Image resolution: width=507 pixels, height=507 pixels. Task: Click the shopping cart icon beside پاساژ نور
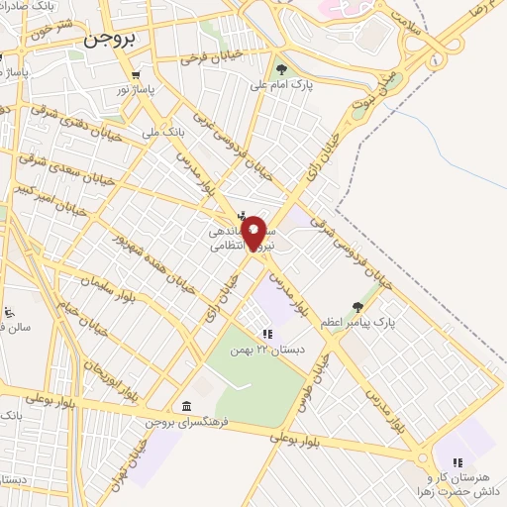point(135,74)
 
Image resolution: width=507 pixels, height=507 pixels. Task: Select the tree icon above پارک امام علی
point(282,69)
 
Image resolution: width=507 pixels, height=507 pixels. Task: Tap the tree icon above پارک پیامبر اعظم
point(357,307)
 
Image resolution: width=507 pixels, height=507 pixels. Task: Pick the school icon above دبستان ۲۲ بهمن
point(265,335)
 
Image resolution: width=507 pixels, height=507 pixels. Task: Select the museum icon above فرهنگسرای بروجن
point(187,406)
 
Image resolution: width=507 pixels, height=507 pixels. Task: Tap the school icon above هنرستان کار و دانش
point(456,461)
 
